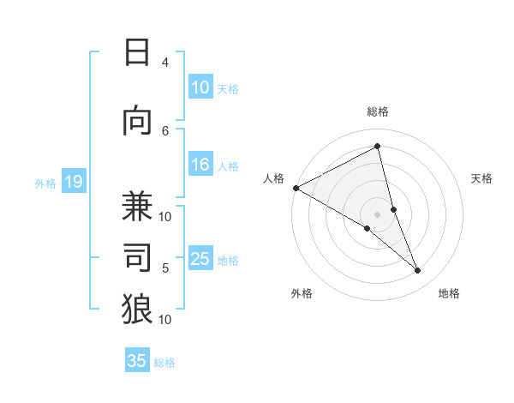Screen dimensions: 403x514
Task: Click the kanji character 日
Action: [137, 53]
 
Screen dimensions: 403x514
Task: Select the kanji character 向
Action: [137, 122]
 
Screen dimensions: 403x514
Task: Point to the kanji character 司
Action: [137, 257]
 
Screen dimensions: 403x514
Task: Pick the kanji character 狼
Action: [137, 309]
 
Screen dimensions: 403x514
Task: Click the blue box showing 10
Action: [200, 87]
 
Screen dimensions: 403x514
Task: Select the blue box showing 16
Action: [200, 165]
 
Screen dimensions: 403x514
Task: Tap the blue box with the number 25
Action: [200, 260]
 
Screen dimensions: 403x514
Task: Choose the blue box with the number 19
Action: [73, 182]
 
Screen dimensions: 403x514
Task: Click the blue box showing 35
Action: [137, 361]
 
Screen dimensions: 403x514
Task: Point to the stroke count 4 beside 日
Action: [165, 63]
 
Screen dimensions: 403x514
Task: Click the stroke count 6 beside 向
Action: [165, 130]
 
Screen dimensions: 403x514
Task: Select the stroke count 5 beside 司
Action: [165, 268]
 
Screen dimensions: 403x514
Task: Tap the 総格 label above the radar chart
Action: [378, 111]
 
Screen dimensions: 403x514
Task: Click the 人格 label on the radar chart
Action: [274, 178]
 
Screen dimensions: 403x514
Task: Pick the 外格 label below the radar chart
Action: [302, 293]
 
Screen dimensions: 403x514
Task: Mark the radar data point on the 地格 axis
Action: [418, 271]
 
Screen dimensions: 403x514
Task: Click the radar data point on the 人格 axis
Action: [296, 188]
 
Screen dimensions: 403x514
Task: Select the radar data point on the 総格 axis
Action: [378, 147]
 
